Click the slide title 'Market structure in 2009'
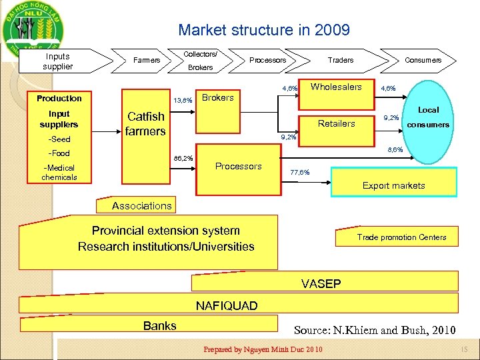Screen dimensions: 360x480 (x=263, y=30)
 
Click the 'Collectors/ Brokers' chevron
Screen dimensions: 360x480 (x=201, y=61)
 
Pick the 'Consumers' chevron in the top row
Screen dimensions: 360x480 (x=423, y=60)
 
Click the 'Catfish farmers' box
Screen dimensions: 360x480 (x=146, y=124)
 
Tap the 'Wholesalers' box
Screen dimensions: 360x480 (x=336, y=87)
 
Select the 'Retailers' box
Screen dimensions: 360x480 (x=337, y=123)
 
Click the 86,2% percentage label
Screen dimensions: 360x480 (x=183, y=159)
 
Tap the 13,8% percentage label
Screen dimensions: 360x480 (x=183, y=101)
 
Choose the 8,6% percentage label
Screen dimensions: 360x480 (x=395, y=151)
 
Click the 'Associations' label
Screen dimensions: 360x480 (x=141, y=206)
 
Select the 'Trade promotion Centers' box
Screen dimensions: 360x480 (x=401, y=237)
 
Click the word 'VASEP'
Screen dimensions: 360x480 (x=321, y=284)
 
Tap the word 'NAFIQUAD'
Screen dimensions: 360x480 (x=226, y=306)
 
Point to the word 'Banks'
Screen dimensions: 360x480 (x=160, y=325)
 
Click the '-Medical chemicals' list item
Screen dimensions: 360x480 (x=59, y=173)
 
